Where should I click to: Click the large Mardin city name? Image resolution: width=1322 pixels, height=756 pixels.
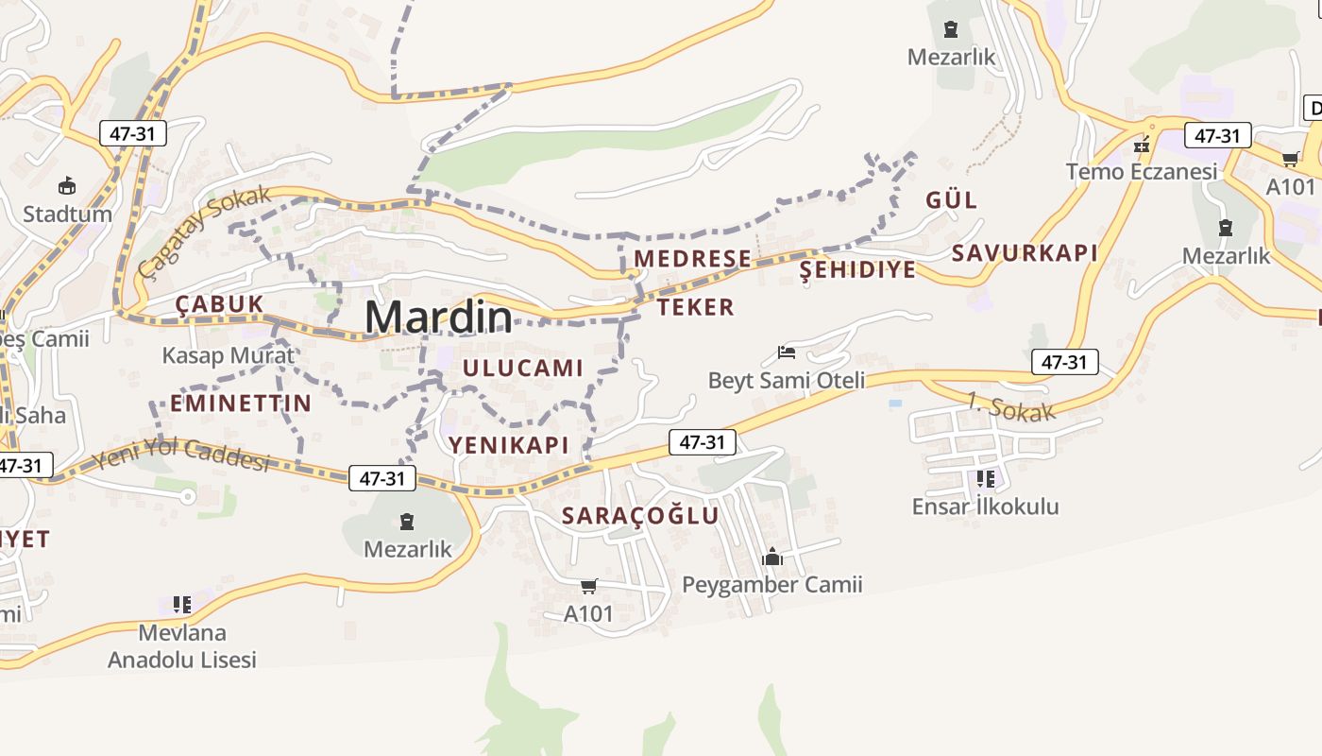pyautogui.click(x=439, y=318)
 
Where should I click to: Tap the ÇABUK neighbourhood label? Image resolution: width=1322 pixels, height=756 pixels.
pyautogui.click(x=219, y=304)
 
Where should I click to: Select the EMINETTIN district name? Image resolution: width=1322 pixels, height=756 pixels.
pyautogui.click(x=241, y=404)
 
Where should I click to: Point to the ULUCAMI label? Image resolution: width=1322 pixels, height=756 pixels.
pyautogui.click(x=523, y=368)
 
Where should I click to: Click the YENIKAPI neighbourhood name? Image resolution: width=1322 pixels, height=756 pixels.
pyautogui.click(x=508, y=445)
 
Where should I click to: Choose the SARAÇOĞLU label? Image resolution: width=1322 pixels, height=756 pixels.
pyautogui.click(x=640, y=516)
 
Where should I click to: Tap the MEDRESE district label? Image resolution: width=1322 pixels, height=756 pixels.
pyautogui.click(x=693, y=259)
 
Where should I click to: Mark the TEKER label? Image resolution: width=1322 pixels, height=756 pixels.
pyautogui.click(x=696, y=307)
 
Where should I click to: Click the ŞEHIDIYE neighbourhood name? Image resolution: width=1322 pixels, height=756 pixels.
pyautogui.click(x=857, y=270)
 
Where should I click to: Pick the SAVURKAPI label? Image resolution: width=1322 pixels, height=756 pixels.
pyautogui.click(x=1025, y=253)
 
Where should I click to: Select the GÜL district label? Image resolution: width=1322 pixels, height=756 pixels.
pyautogui.click(x=951, y=200)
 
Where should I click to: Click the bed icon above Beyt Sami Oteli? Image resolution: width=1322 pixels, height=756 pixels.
pyautogui.click(x=787, y=352)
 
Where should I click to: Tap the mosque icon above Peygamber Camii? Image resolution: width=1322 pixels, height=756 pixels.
pyautogui.click(x=772, y=557)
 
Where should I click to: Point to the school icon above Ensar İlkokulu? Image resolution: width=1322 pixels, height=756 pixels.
pyautogui.click(x=985, y=479)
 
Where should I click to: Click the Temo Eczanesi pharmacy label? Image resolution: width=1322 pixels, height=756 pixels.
pyautogui.click(x=1142, y=172)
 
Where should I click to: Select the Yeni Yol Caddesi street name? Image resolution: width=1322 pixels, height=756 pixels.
pyautogui.click(x=180, y=455)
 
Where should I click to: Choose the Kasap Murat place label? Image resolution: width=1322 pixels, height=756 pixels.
pyautogui.click(x=229, y=356)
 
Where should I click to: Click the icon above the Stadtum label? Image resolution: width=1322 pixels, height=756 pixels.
pyautogui.click(x=67, y=185)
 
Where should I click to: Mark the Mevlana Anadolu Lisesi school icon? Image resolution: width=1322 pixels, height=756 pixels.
pyautogui.click(x=182, y=604)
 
